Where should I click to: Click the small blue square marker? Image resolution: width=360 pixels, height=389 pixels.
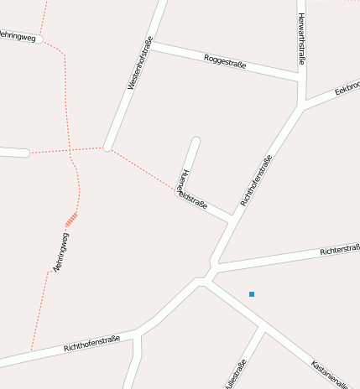coord(251,293)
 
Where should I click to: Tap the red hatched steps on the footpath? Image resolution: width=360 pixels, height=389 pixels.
coord(71,220)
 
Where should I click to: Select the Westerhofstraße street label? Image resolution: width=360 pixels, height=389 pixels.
coord(138,64)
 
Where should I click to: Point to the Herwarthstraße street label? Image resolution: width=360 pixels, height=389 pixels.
coord(301,38)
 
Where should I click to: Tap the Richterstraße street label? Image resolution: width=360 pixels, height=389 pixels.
coord(339,251)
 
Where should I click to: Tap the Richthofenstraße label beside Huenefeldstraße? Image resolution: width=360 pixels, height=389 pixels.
coord(256,181)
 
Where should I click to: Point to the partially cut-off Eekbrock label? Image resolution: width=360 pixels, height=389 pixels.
coord(347,87)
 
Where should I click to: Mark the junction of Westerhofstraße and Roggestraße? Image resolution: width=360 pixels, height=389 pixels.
coord(152,44)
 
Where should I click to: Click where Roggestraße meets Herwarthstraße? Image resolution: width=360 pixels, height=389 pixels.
coord(300,79)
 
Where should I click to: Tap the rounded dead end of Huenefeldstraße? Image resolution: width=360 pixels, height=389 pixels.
coord(196,141)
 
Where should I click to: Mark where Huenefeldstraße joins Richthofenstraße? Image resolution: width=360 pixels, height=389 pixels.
coord(230,220)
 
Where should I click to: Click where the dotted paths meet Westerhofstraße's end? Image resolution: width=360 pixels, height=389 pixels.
coord(107,148)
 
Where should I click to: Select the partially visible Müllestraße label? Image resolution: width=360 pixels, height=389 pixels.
coord(235,374)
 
